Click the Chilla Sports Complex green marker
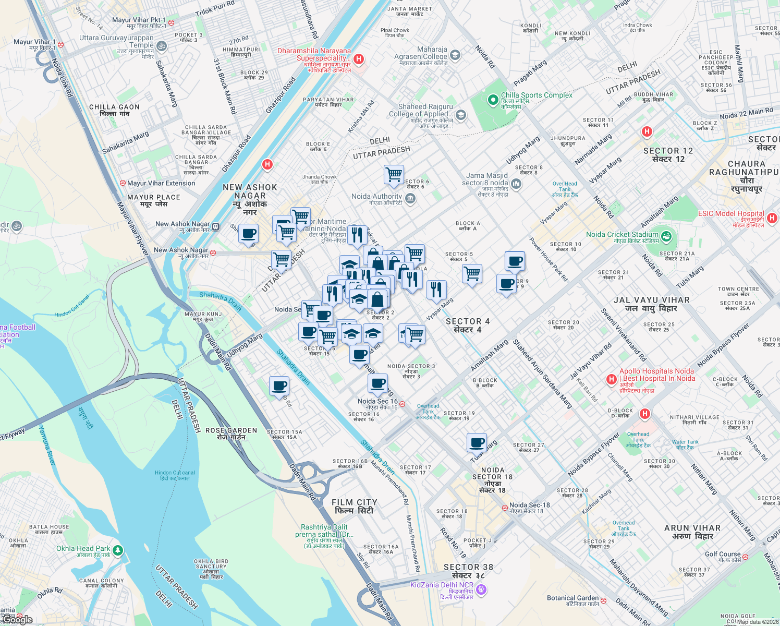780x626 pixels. (x=492, y=99)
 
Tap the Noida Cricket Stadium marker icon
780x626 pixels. (x=666, y=235)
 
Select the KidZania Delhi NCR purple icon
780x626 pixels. (x=481, y=589)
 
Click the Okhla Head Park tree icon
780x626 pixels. (x=118, y=550)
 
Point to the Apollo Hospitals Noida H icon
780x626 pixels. (x=612, y=379)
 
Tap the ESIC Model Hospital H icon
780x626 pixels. (x=772, y=218)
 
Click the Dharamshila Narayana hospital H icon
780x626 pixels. (x=359, y=59)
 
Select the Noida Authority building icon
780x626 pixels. (x=410, y=198)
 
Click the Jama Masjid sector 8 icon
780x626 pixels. (x=516, y=183)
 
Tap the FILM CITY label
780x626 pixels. (x=355, y=506)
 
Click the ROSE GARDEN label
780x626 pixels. (x=231, y=434)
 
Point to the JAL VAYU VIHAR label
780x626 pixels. (x=652, y=304)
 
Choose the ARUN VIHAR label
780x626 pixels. (x=692, y=532)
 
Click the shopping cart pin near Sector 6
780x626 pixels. (x=394, y=174)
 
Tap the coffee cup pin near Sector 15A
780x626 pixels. (x=279, y=386)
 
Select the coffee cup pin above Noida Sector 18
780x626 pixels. (x=477, y=442)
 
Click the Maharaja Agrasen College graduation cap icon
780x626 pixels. (x=455, y=55)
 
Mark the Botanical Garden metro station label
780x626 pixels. (x=573, y=601)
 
